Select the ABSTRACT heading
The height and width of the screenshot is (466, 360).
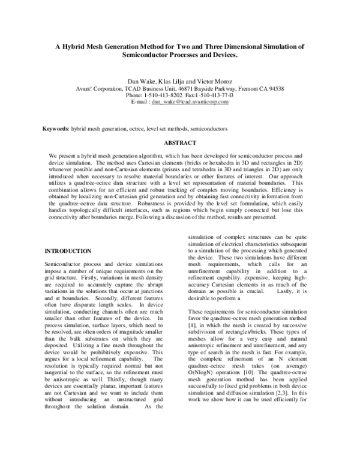(179, 143)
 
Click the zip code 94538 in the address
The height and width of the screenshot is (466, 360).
(275, 88)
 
